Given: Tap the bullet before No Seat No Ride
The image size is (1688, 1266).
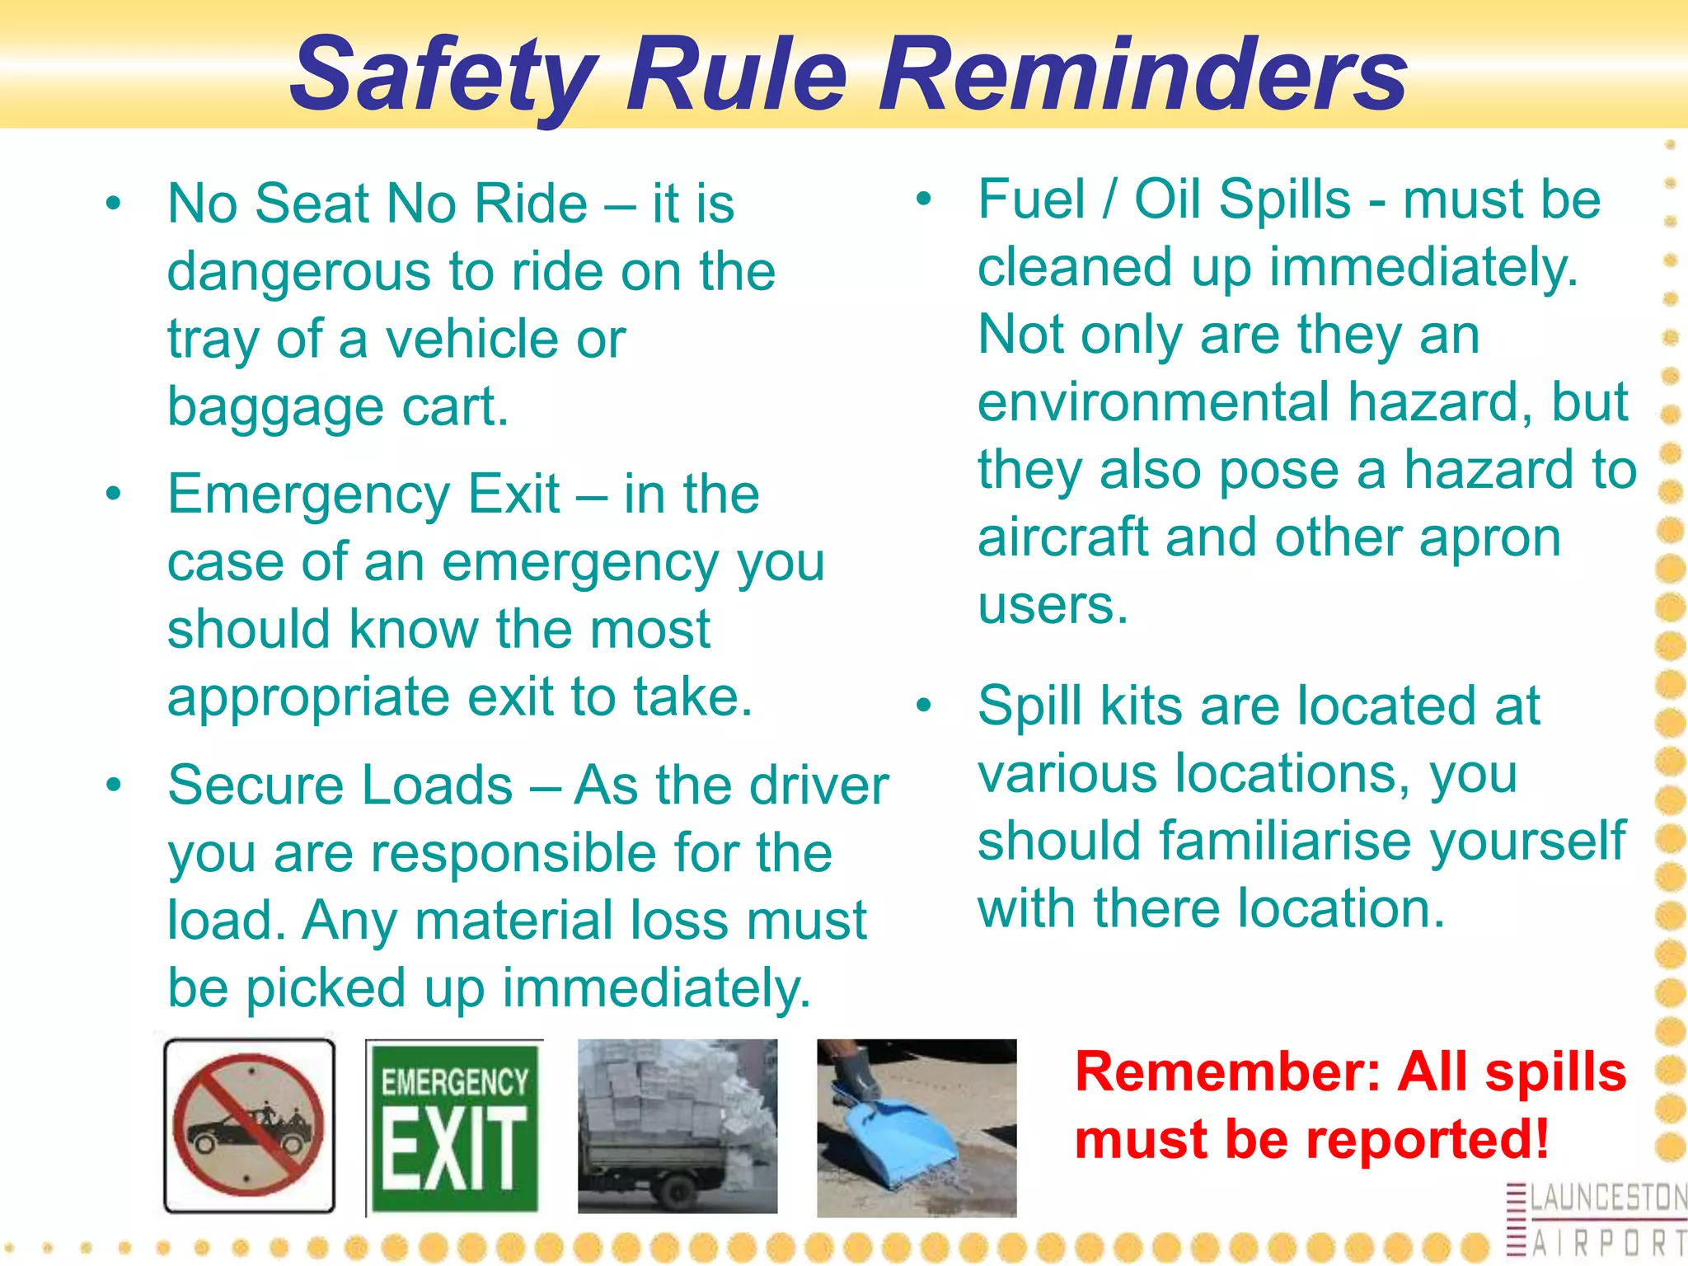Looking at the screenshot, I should pos(114,203).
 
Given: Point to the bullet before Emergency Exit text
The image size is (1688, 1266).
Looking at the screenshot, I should pos(114,494).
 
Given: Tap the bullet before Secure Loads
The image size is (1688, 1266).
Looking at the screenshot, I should pos(114,785).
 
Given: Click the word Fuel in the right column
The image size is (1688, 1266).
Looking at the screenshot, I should pos(1031,199).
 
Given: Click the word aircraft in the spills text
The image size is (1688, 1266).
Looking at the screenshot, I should pos(1062,537).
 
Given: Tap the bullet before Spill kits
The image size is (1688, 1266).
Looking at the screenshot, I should pos(924,706).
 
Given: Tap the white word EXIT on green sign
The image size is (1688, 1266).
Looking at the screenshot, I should pos(454,1148).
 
